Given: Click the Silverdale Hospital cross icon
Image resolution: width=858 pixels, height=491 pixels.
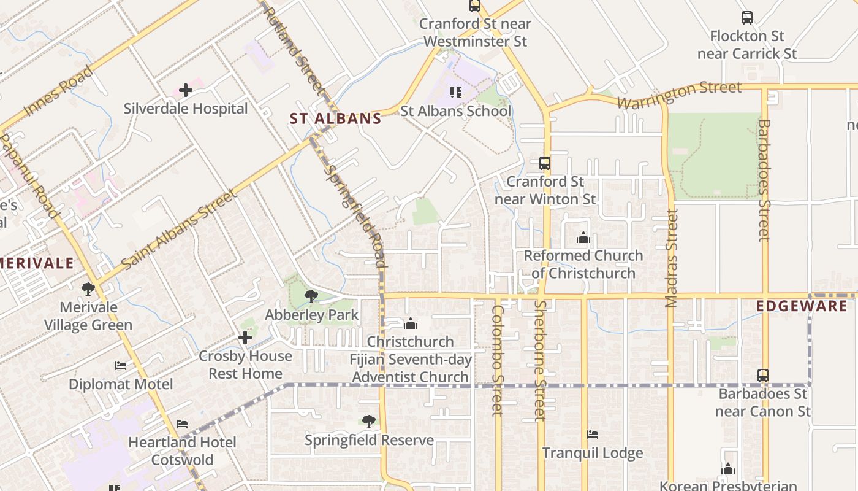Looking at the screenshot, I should coord(186,91).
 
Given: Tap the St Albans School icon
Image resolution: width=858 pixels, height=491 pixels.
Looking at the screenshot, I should coord(455,93).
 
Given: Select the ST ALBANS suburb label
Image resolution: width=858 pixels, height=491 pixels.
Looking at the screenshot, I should coord(336,119).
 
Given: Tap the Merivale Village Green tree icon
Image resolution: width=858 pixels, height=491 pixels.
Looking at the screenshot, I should coord(88,288).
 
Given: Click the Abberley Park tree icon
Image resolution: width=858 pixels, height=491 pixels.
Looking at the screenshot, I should coord(311,297).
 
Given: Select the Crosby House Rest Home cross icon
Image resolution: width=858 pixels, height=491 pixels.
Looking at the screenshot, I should coord(245,338).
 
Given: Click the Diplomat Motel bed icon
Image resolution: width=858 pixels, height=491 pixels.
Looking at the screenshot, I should coord(121,366).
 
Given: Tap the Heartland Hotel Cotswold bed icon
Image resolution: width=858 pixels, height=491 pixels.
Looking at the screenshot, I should coord(182,424).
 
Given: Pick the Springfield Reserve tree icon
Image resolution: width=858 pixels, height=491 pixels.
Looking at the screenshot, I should coord(368,422).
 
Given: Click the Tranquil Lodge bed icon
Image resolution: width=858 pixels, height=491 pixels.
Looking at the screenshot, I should coord(593,435).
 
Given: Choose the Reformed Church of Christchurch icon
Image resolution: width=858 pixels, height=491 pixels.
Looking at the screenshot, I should coord(583,237).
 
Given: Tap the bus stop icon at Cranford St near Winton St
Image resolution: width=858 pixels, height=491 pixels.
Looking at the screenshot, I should coord(544,163).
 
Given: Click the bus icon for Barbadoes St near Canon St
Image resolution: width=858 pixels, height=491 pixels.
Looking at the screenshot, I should coord(763,375).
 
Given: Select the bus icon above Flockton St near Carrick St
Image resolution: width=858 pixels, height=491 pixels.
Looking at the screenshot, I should coord(747,18).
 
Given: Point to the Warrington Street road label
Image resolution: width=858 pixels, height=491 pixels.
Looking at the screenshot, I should coord(679,95).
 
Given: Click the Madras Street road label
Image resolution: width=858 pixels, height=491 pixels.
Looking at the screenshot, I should coord(672,258).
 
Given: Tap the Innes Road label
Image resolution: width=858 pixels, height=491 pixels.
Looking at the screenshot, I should coord(59,91).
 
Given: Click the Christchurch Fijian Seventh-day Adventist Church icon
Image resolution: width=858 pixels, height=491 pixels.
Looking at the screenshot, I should coord(411,323).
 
